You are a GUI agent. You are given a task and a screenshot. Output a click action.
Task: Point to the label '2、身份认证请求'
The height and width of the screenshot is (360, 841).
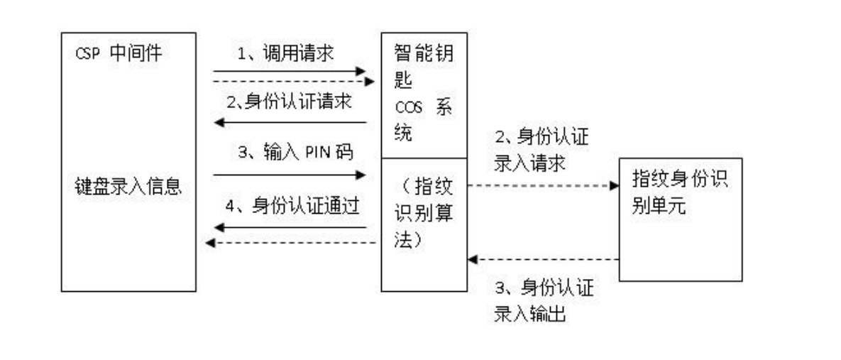pos(289,102)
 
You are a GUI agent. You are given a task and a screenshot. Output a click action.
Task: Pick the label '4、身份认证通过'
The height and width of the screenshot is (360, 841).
pos(292,207)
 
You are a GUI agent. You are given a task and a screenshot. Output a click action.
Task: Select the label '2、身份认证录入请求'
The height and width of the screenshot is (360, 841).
pos(540,149)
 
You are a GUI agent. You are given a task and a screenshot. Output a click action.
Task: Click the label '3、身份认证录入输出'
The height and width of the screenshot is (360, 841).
pos(543,301)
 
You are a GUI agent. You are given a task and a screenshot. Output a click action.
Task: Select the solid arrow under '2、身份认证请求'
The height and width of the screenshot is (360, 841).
pos(291,121)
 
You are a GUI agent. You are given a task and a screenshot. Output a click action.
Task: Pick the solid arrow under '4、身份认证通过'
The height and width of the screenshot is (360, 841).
pos(291,227)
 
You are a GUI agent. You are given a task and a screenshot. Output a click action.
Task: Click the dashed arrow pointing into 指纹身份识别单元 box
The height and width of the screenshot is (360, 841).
pos(543,186)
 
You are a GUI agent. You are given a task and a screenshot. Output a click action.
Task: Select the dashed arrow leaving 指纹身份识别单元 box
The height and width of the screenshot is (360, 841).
pos(543,261)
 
